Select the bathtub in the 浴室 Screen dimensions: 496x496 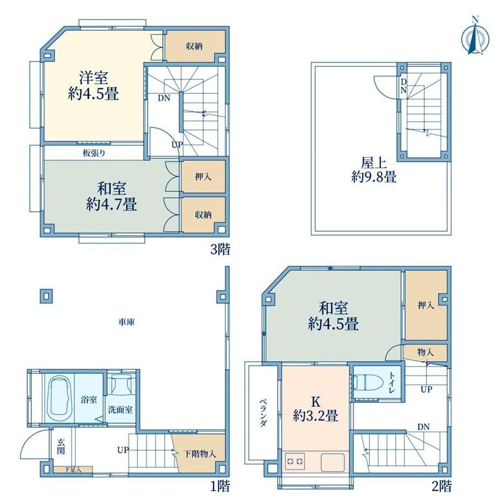coord(60,397)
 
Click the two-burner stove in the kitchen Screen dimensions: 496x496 coord(294,461)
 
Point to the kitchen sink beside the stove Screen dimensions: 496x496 coord(333,463)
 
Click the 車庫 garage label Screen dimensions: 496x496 coord(127,322)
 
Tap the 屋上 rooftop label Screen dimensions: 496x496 coord(374,163)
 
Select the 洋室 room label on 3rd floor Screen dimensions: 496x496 coord(93,78)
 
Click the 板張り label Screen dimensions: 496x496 coord(94,153)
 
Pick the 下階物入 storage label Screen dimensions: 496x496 coord(200,454)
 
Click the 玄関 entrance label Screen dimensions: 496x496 coord(61,446)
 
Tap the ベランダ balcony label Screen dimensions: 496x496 coord(263,412)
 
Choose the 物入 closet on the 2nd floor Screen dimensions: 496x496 coord(425,352)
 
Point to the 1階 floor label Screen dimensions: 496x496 coord(220,486)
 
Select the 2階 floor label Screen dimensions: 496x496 coord(442,486)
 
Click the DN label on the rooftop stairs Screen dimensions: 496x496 coord(403,86)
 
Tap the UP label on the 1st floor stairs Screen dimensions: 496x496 coord(123,450)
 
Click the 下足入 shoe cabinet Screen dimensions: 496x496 coord(73,470)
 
